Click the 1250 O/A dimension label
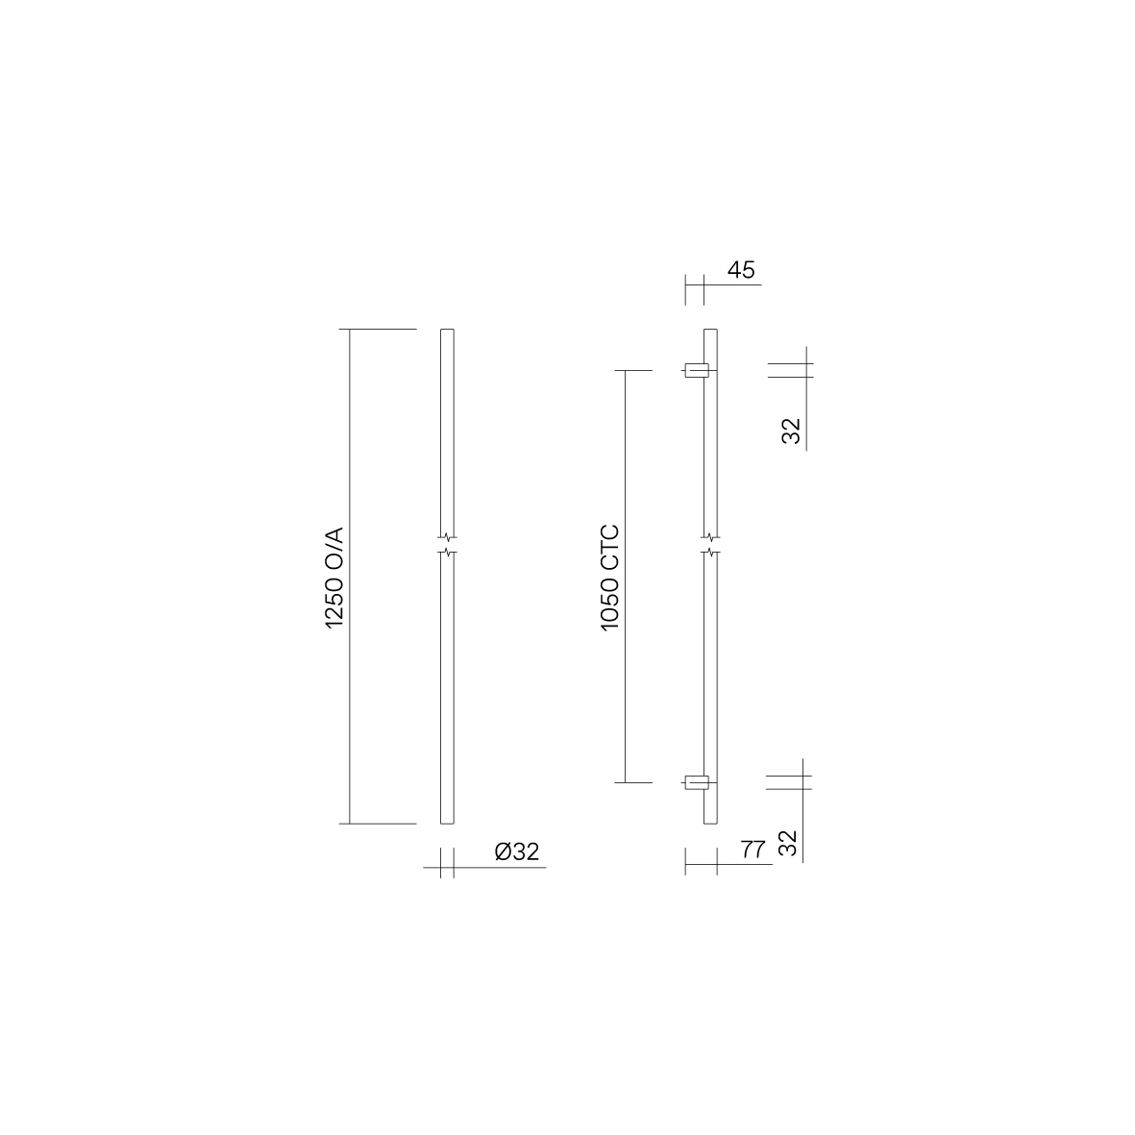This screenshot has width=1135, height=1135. tap(334, 578)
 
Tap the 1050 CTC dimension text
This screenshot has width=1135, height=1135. tap(610, 578)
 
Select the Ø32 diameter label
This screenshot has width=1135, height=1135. tap(517, 851)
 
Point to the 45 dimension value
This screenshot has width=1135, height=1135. tap(741, 270)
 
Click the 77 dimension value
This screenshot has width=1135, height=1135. tap(753, 849)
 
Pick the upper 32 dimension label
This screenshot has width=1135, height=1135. tap(792, 431)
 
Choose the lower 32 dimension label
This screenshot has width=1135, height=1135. tap(787, 843)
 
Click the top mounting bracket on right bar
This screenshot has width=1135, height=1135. tap(697, 371)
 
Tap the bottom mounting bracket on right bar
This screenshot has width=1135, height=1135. tap(697, 782)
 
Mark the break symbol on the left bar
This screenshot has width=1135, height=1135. tap(447, 545)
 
